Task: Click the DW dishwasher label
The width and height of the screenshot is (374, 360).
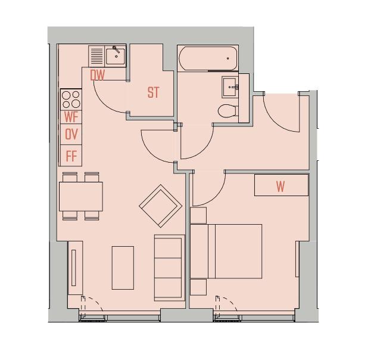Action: [97, 75]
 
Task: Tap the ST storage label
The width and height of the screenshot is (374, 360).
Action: [153, 92]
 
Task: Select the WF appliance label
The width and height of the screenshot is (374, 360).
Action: [71, 117]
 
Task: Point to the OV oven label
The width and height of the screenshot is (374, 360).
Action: [71, 134]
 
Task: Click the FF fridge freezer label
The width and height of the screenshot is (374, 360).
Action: [71, 156]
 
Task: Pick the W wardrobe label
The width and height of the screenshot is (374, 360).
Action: [280, 187]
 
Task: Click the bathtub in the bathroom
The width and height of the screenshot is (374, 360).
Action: [208, 58]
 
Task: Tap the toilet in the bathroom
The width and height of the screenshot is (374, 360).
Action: [227, 111]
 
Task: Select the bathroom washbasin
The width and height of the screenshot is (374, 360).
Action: [230, 87]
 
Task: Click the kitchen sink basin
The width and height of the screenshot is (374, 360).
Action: [116, 57]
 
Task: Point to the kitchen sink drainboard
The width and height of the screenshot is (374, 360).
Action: [96, 57]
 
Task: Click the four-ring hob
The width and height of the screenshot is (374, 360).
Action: [71, 100]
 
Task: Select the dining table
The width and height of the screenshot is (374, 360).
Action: [81, 197]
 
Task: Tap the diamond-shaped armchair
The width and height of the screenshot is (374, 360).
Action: [161, 206]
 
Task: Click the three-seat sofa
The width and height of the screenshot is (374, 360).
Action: [169, 268]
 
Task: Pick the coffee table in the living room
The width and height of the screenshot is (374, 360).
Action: [123, 268]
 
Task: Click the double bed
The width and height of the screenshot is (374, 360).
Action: [226, 251]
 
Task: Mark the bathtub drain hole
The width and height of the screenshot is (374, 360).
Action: [227, 58]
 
